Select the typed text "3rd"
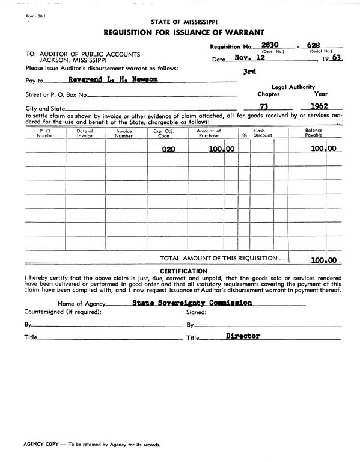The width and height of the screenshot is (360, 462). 249,72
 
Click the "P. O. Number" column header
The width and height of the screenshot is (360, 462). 46,133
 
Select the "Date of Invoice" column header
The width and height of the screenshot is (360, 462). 85,133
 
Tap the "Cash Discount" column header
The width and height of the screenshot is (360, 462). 262,133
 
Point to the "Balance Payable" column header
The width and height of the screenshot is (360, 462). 314,133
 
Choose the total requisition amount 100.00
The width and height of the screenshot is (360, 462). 323,260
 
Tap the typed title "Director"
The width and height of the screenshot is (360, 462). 243,336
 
